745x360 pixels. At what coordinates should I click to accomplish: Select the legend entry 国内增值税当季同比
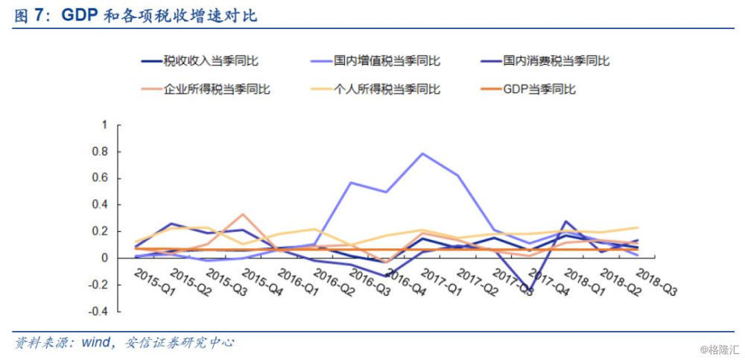tap(387, 61)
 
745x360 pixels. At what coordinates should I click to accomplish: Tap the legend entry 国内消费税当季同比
tap(556, 61)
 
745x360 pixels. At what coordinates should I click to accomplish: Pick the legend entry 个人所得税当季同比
tap(387, 89)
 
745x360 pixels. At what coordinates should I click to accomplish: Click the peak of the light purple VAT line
tap(422, 154)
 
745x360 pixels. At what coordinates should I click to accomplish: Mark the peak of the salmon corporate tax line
tap(243, 214)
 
